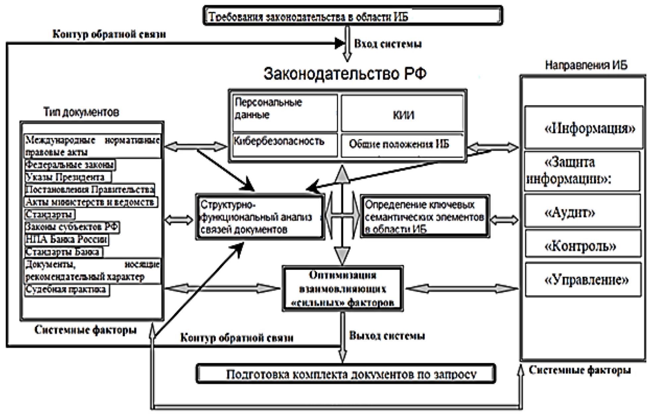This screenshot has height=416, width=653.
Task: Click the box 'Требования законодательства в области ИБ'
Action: [353, 16]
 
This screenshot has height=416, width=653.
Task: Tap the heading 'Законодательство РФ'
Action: [345, 74]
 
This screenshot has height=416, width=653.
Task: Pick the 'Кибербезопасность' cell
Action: [285, 145]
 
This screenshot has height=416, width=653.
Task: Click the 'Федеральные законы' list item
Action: [70, 165]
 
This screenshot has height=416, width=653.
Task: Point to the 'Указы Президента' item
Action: [68, 177]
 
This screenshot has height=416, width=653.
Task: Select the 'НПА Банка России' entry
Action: [67, 239]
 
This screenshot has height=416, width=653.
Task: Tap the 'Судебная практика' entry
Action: [67, 290]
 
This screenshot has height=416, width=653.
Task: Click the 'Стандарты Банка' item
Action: [63, 252]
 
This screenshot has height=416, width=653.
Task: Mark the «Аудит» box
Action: [582, 211]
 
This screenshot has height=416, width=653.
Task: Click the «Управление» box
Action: [583, 279]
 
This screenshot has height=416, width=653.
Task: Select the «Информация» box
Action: [583, 127]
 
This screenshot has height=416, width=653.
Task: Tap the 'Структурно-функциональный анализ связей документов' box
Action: [260, 217]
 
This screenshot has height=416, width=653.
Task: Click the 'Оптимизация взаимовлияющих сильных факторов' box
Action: [343, 288]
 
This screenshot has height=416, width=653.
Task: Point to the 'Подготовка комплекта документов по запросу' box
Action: [346, 374]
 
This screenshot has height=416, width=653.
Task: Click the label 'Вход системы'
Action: [388, 44]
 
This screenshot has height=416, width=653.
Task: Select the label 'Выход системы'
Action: [387, 336]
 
